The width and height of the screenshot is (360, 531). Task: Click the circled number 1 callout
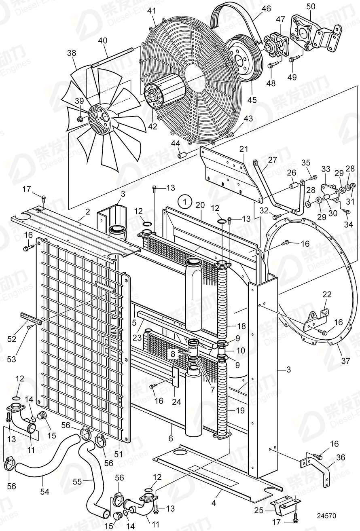tap(185, 201)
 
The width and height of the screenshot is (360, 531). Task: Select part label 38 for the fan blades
tap(72, 53)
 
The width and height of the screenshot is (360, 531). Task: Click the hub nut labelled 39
tap(80, 119)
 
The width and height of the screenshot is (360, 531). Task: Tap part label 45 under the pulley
tap(252, 99)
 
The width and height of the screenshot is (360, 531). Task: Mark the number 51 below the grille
tap(118, 455)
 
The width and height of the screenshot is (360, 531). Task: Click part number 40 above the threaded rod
tap(102, 40)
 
